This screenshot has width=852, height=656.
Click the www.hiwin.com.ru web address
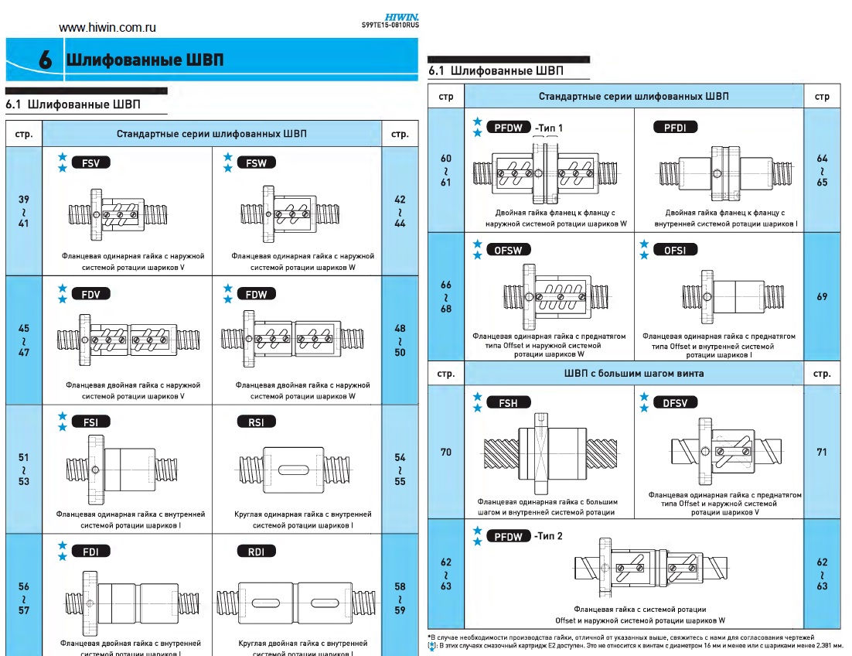(108, 27)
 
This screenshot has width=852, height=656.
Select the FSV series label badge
(90, 163)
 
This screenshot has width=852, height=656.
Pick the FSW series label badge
(256, 163)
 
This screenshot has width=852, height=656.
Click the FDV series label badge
(90, 294)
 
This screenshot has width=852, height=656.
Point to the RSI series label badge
(256, 422)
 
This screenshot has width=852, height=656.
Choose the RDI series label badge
(256, 551)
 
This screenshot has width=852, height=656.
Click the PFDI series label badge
(675, 127)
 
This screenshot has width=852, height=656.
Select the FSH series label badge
(508, 403)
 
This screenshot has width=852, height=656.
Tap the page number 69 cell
(822, 296)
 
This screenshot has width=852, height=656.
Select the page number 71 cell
(822, 451)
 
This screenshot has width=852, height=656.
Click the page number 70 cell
(446, 451)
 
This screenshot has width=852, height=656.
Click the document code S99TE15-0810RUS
(390, 26)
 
